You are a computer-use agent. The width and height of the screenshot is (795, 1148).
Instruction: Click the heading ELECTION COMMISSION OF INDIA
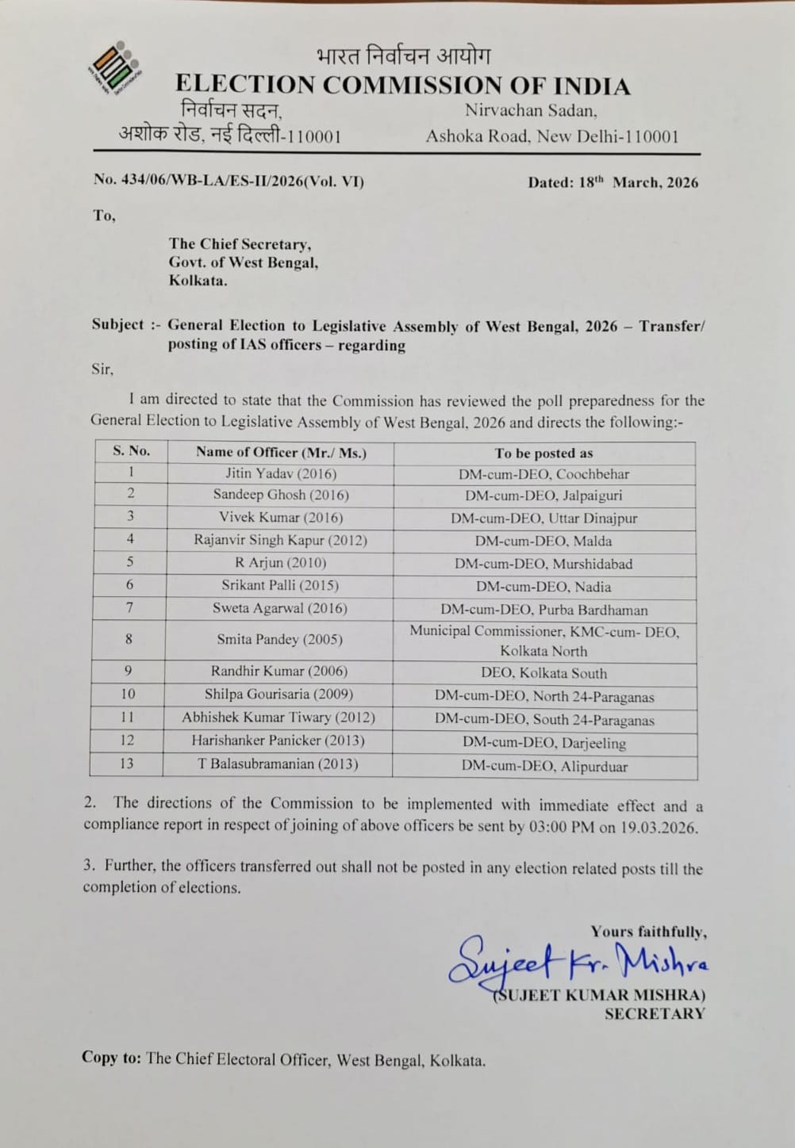[x=402, y=85]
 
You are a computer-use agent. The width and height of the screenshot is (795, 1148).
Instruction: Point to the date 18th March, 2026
[x=613, y=182]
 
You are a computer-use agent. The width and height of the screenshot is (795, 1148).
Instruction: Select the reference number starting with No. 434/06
[x=229, y=181]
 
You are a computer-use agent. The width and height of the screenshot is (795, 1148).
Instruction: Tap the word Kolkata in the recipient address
[x=198, y=280]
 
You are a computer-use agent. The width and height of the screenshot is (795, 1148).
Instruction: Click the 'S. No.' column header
[x=131, y=451]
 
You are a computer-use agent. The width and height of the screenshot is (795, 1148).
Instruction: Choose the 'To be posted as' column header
[x=543, y=453]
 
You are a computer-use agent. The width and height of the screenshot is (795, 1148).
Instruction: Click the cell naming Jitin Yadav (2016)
[x=281, y=473]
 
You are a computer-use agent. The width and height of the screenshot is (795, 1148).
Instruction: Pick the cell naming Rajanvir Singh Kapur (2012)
[x=281, y=541]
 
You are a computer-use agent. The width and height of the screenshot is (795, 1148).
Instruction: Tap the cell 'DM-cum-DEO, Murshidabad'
[x=543, y=564]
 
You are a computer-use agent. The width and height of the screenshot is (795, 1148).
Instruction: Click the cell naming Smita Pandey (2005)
[x=281, y=639]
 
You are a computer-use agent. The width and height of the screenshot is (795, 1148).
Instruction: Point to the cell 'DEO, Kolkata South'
[x=543, y=673]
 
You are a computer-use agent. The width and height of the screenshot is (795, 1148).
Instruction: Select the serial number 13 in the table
[x=127, y=763]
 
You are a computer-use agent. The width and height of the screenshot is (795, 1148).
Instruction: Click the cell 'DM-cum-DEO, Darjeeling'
[x=543, y=743]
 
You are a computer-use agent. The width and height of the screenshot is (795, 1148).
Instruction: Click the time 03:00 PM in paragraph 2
[x=558, y=826]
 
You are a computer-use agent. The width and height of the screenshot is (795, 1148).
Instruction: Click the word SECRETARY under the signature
[x=655, y=1013]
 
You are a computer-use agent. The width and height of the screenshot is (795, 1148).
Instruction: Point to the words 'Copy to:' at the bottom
[x=111, y=1058]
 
